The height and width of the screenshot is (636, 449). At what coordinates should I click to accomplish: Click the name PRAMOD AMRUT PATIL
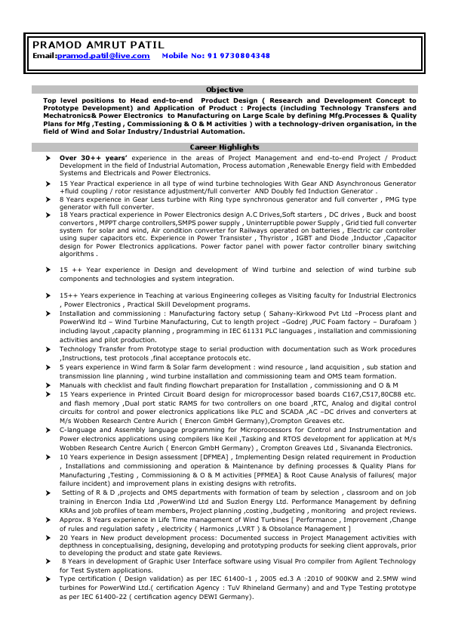tap(86, 45)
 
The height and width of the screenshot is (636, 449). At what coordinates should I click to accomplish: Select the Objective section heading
tap(224, 90)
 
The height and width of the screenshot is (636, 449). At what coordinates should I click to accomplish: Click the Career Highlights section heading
tap(224, 147)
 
